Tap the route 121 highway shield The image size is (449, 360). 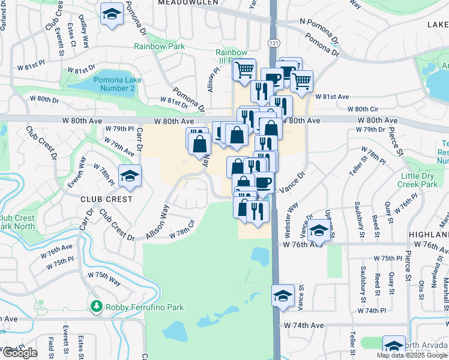pyautogui.click(x=274, y=43)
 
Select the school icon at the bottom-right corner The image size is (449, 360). pyautogui.click(x=394, y=347)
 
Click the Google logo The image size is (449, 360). pyautogui.click(x=19, y=353)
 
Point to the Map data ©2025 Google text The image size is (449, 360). pyautogui.click(x=412, y=355)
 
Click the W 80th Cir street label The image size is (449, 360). pyautogui.click(x=365, y=109)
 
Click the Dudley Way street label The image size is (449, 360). pyautogui.click(x=86, y=38)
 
